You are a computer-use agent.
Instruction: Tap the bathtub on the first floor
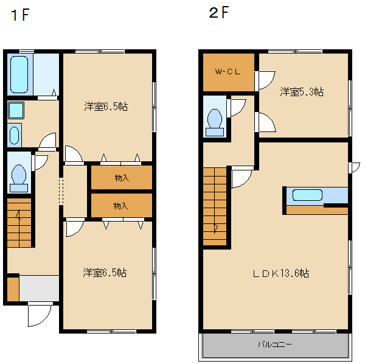pos(19,74)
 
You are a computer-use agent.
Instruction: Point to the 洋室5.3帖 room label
pos(301,93)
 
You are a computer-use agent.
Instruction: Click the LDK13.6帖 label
pos(281,273)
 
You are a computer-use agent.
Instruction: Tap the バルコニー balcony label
pos(274,345)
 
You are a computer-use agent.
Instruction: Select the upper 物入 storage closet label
pos(121,178)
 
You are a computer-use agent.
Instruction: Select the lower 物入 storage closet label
pos(121,206)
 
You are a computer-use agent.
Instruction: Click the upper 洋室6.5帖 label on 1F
pos(106,107)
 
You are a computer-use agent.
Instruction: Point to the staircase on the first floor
pos(19,222)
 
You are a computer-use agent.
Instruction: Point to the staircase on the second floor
pos(215,207)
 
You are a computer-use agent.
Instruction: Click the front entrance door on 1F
pos(40,313)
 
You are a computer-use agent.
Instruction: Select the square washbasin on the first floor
pos(16,110)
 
